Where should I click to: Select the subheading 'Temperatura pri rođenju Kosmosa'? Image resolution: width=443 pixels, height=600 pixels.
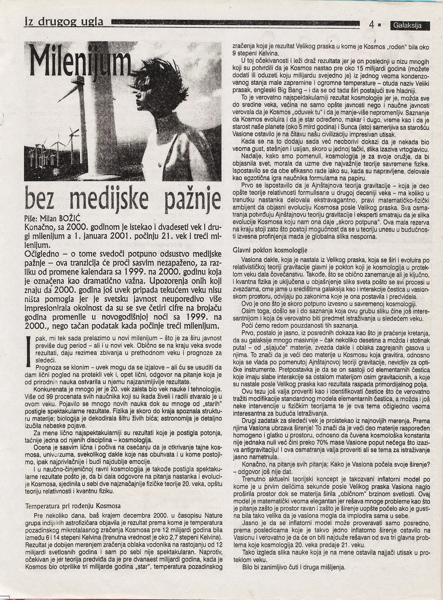click(x=74, y=506)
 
